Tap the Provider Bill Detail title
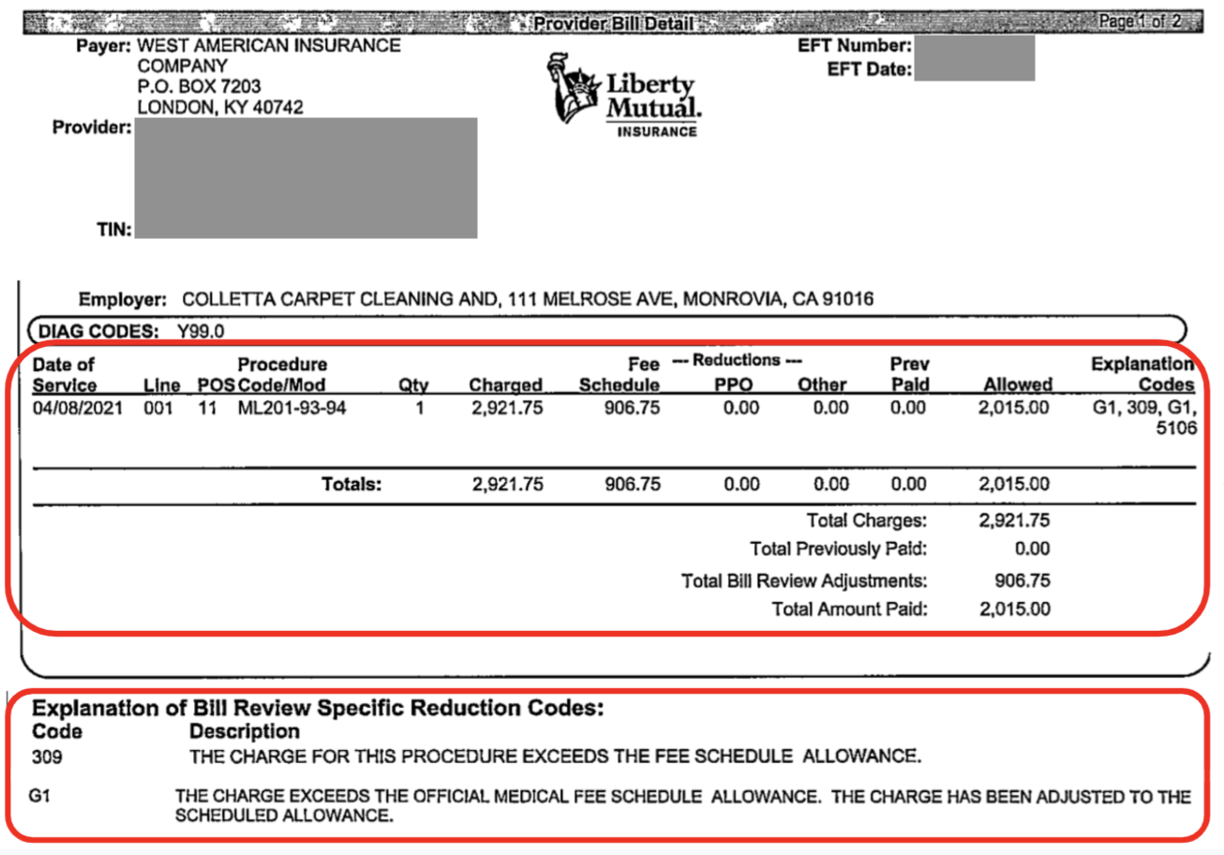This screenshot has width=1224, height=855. point(613,23)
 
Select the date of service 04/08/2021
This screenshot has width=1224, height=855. point(78,409)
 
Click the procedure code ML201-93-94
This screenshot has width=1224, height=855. point(292,409)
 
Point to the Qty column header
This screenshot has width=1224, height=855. point(413,385)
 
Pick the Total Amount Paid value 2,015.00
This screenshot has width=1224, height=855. point(1015,609)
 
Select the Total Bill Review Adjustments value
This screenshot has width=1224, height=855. point(1022,580)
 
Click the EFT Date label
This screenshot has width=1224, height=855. point(870,70)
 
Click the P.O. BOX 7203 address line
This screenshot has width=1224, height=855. point(199,87)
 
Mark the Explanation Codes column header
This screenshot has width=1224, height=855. point(1143,374)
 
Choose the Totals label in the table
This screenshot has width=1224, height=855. point(352,485)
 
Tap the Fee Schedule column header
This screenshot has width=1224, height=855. point(619,374)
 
